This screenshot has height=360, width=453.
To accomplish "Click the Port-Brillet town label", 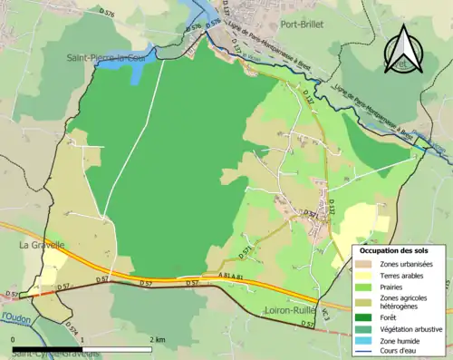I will point(303,25).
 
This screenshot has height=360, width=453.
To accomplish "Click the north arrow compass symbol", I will point(404,50).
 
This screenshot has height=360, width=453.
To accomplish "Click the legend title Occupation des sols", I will point(392,249).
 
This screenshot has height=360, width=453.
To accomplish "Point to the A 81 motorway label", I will point(232,275).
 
